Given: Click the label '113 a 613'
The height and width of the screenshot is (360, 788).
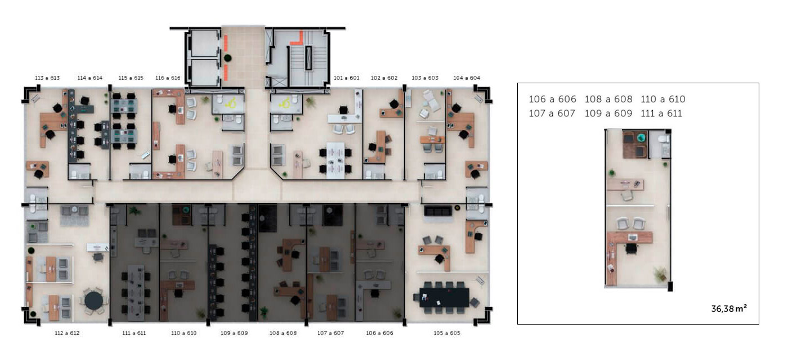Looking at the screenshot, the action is (47, 78).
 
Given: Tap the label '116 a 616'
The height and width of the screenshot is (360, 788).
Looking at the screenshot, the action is (168, 78).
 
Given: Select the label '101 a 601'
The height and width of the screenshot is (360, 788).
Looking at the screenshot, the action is (347, 78).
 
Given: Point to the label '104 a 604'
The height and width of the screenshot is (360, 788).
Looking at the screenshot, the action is (467, 78).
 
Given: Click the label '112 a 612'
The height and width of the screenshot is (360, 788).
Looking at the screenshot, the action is (67, 333).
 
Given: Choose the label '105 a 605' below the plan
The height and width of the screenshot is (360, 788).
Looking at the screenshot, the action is (447, 333).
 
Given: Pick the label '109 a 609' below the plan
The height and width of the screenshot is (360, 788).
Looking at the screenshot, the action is (234, 333).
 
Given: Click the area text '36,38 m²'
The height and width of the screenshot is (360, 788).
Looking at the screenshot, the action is (729, 309).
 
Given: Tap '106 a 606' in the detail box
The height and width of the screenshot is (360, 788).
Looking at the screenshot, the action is (552, 99).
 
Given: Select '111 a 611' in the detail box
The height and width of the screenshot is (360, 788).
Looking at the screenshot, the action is (661, 114).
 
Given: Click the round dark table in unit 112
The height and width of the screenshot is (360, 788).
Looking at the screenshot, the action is (93, 300).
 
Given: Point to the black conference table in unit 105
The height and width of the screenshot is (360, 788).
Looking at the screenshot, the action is (444, 298).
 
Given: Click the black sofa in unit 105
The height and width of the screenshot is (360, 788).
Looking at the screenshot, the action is (438, 211).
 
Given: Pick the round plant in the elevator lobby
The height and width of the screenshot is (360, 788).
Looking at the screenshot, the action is (227, 58).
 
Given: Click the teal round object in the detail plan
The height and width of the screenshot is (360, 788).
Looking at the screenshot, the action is (642, 137).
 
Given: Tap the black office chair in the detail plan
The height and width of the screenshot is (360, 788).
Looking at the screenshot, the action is (632, 249).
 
